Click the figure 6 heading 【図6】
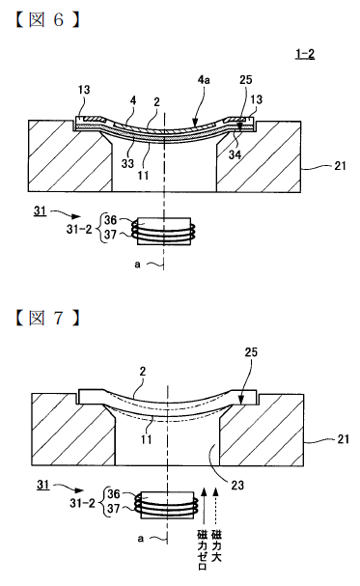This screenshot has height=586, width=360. pos(47,20)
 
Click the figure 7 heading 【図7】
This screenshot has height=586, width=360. pos(47,318)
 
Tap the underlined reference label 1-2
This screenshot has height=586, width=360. pos(305,54)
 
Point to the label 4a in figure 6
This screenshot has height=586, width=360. pos(204,79)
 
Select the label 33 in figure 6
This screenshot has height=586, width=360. pos(127,163)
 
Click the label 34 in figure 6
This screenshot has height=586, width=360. pos(235,154)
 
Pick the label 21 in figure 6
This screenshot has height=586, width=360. pos(340,165)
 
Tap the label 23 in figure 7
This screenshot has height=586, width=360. pos(237,485)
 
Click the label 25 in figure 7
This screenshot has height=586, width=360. pos(251,352)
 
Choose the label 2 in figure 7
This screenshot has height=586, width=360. pos(143,371)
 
